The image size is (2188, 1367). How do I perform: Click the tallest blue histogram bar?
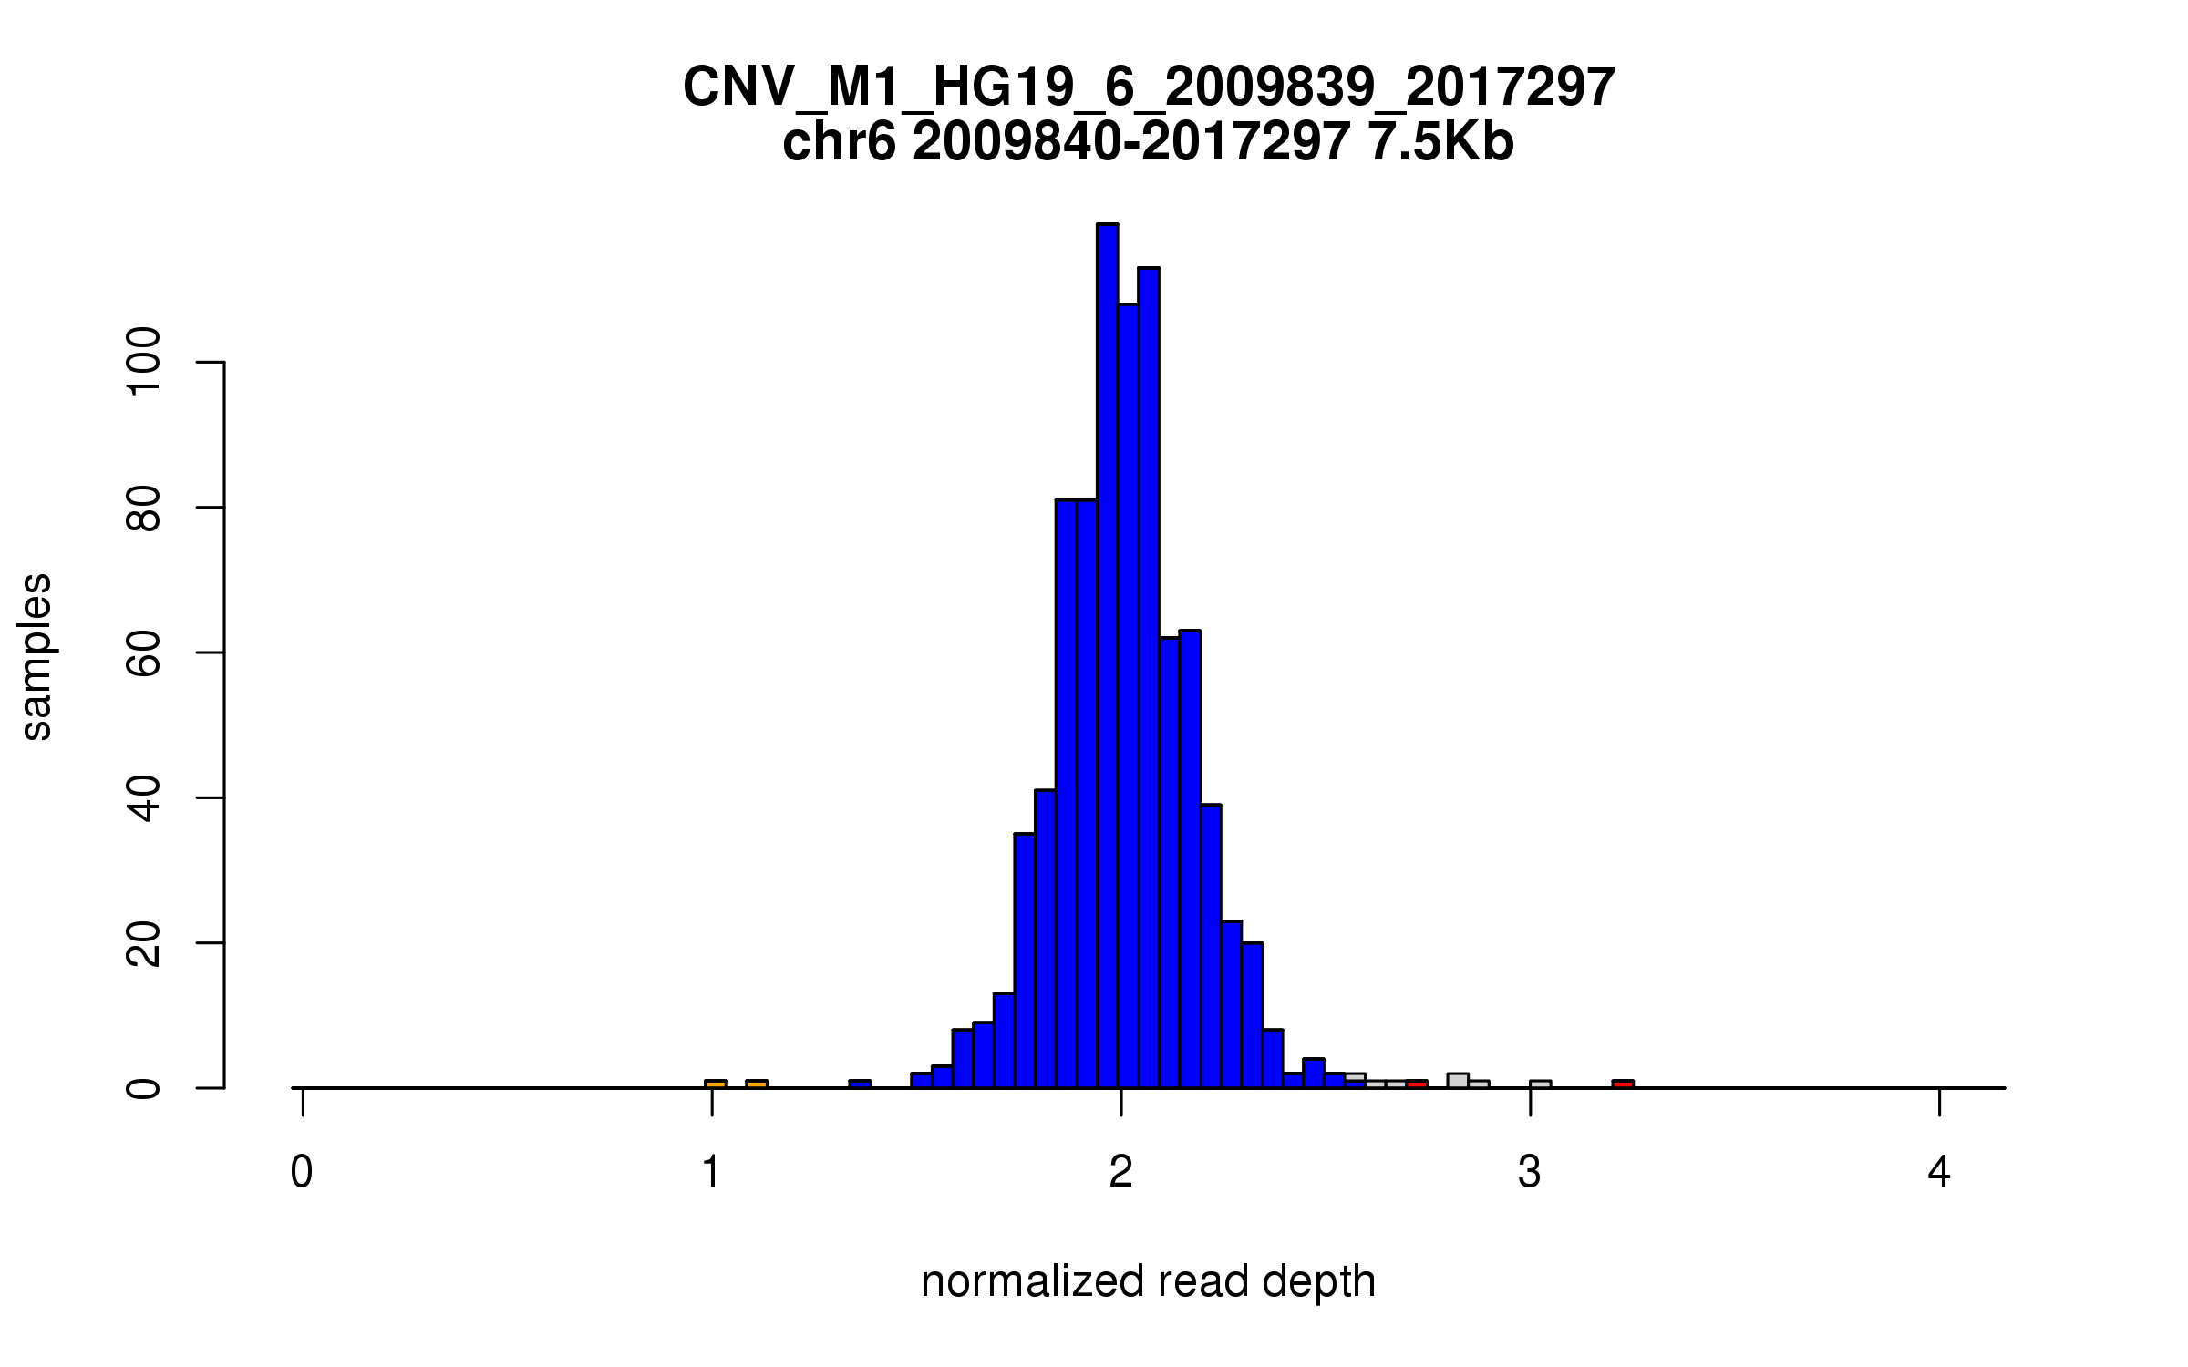[x=1107, y=656]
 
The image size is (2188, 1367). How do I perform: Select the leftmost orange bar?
[x=716, y=1084]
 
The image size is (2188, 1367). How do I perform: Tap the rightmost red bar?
[x=1623, y=1084]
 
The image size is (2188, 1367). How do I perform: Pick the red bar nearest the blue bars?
[x=1416, y=1084]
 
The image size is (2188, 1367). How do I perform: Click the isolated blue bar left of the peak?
[x=860, y=1084]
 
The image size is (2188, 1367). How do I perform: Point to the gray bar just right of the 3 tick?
[x=1540, y=1084]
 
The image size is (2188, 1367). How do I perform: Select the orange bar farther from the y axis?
[x=757, y=1084]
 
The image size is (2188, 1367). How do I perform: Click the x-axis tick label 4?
[x=1939, y=1172]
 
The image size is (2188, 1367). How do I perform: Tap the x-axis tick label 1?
[x=711, y=1172]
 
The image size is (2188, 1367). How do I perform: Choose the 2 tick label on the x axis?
[x=1120, y=1172]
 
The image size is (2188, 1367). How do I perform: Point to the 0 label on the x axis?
[x=302, y=1172]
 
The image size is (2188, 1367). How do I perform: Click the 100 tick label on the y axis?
[x=144, y=363]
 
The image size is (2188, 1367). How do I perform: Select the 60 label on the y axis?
[x=144, y=653]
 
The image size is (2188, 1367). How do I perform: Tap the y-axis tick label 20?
[x=144, y=943]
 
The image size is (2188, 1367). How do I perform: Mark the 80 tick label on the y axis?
[x=144, y=508]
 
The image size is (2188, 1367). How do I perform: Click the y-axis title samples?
[x=36, y=656]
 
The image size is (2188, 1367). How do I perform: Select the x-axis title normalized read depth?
[x=1148, y=1281]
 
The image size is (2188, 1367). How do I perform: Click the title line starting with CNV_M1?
[x=1149, y=87]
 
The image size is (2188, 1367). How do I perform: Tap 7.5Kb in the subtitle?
[x=1440, y=143]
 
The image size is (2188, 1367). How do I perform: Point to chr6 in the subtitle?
[x=839, y=143]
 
